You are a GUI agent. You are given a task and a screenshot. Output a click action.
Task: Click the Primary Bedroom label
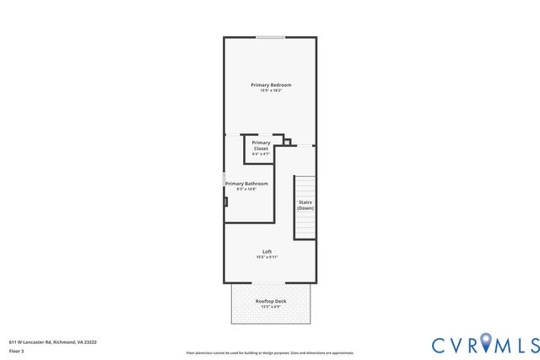[x=271, y=85]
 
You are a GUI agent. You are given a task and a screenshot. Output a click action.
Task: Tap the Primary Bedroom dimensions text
[x=271, y=91]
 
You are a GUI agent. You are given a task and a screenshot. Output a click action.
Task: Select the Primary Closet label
[x=261, y=146]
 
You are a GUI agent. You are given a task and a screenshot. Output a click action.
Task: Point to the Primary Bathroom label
[x=247, y=183]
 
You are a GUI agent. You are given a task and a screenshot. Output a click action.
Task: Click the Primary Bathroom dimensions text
[x=247, y=189]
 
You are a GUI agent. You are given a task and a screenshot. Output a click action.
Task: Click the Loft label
[x=267, y=251]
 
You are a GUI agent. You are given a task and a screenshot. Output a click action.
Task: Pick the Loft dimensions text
[x=267, y=257]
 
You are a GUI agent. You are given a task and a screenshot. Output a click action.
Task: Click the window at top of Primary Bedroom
[x=270, y=37]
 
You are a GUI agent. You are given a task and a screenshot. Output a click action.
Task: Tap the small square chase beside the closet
[x=287, y=142]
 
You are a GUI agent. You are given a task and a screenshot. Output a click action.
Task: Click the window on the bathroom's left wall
[x=224, y=180]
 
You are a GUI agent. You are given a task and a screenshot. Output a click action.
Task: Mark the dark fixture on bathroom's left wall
[x=225, y=201]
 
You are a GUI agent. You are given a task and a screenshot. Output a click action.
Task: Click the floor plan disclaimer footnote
[x=270, y=353]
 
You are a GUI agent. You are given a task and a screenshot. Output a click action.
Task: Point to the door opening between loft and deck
[x=270, y=283]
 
